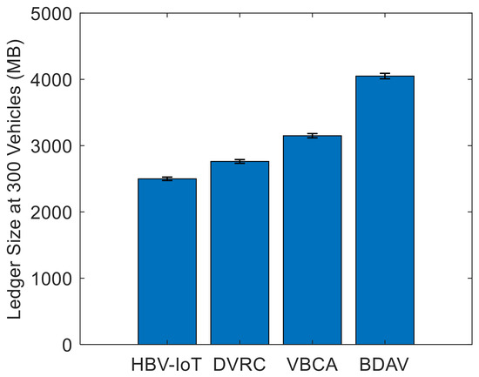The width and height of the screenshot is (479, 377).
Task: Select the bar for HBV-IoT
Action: click(167, 261)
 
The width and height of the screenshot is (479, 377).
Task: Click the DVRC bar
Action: click(239, 253)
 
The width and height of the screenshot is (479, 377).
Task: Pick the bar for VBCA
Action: click(312, 240)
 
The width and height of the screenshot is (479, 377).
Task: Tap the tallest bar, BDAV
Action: click(385, 210)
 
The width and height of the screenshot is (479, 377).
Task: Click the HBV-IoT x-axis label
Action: click(166, 365)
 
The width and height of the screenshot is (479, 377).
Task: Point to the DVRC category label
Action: click(239, 365)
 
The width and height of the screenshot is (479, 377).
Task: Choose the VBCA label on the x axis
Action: click(312, 365)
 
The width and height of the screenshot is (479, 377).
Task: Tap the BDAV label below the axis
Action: click(384, 365)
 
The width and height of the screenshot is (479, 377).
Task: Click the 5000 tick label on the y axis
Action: click(51, 14)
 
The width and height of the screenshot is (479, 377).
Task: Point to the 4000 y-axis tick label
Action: click(51, 80)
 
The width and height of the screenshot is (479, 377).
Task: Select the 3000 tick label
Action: click(51, 146)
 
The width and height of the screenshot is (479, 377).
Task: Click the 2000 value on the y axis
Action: click(51, 212)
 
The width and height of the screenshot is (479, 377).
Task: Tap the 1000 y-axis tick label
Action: click(51, 279)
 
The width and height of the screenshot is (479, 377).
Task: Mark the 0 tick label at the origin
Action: click(67, 345)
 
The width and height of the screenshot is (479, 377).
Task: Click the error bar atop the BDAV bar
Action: click(385, 76)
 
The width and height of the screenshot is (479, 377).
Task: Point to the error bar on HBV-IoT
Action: click(167, 178)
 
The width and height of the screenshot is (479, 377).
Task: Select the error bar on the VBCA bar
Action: click(312, 136)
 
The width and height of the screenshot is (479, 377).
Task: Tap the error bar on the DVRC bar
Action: click(239, 161)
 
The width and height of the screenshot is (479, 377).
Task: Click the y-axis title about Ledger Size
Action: click(15, 179)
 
